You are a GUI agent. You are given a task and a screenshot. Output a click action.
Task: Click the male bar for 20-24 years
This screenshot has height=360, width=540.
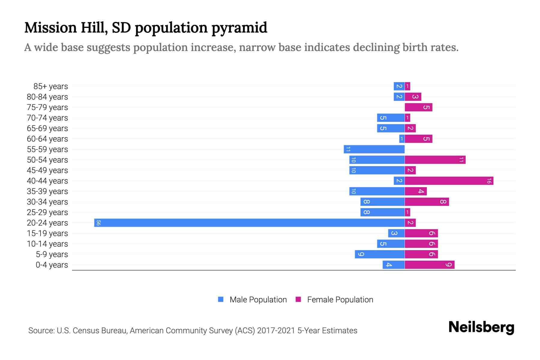pyautogui.click(x=249, y=223)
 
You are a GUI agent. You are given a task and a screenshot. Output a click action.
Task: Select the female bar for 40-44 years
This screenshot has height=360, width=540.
pyautogui.click(x=449, y=181)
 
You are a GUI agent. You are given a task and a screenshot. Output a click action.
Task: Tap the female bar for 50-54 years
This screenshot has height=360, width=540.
pyautogui.click(x=435, y=160)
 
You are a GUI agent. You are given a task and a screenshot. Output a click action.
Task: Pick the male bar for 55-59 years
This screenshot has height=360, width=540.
pyautogui.click(x=374, y=149)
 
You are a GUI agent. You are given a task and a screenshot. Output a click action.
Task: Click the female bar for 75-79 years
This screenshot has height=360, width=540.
pyautogui.click(x=418, y=107)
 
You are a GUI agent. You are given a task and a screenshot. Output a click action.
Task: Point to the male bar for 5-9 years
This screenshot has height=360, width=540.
pyautogui.click(x=379, y=254)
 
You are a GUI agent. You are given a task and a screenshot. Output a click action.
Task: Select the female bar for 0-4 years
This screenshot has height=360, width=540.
pyautogui.click(x=430, y=265)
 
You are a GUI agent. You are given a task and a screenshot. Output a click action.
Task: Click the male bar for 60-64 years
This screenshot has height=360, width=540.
pyautogui.click(x=402, y=139)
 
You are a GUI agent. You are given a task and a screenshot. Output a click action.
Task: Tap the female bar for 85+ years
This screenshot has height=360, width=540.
pyautogui.click(x=407, y=86)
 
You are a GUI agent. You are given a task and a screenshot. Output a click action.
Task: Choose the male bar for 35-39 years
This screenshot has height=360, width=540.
pyautogui.click(x=377, y=191)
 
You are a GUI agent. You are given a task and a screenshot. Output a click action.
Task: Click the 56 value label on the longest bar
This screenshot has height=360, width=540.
pyautogui.click(x=98, y=223)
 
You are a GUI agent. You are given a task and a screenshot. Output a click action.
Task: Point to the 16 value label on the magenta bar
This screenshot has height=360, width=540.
pyautogui.click(x=489, y=181)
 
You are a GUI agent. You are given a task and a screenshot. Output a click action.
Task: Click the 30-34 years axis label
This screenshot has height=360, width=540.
pyautogui.click(x=47, y=202)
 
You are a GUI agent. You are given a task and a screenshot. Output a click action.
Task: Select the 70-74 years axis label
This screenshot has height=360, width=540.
pyautogui.click(x=47, y=118)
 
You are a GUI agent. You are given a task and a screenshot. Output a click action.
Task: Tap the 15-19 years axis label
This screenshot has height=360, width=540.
pyautogui.click(x=47, y=233)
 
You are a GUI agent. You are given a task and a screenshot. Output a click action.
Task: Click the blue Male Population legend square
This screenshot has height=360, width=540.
pyautogui.click(x=221, y=299)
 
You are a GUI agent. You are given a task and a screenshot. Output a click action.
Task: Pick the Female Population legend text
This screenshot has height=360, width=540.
pyautogui.click(x=340, y=300)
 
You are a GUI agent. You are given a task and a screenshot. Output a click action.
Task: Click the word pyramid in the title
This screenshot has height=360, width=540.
pyautogui.click(x=239, y=28)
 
